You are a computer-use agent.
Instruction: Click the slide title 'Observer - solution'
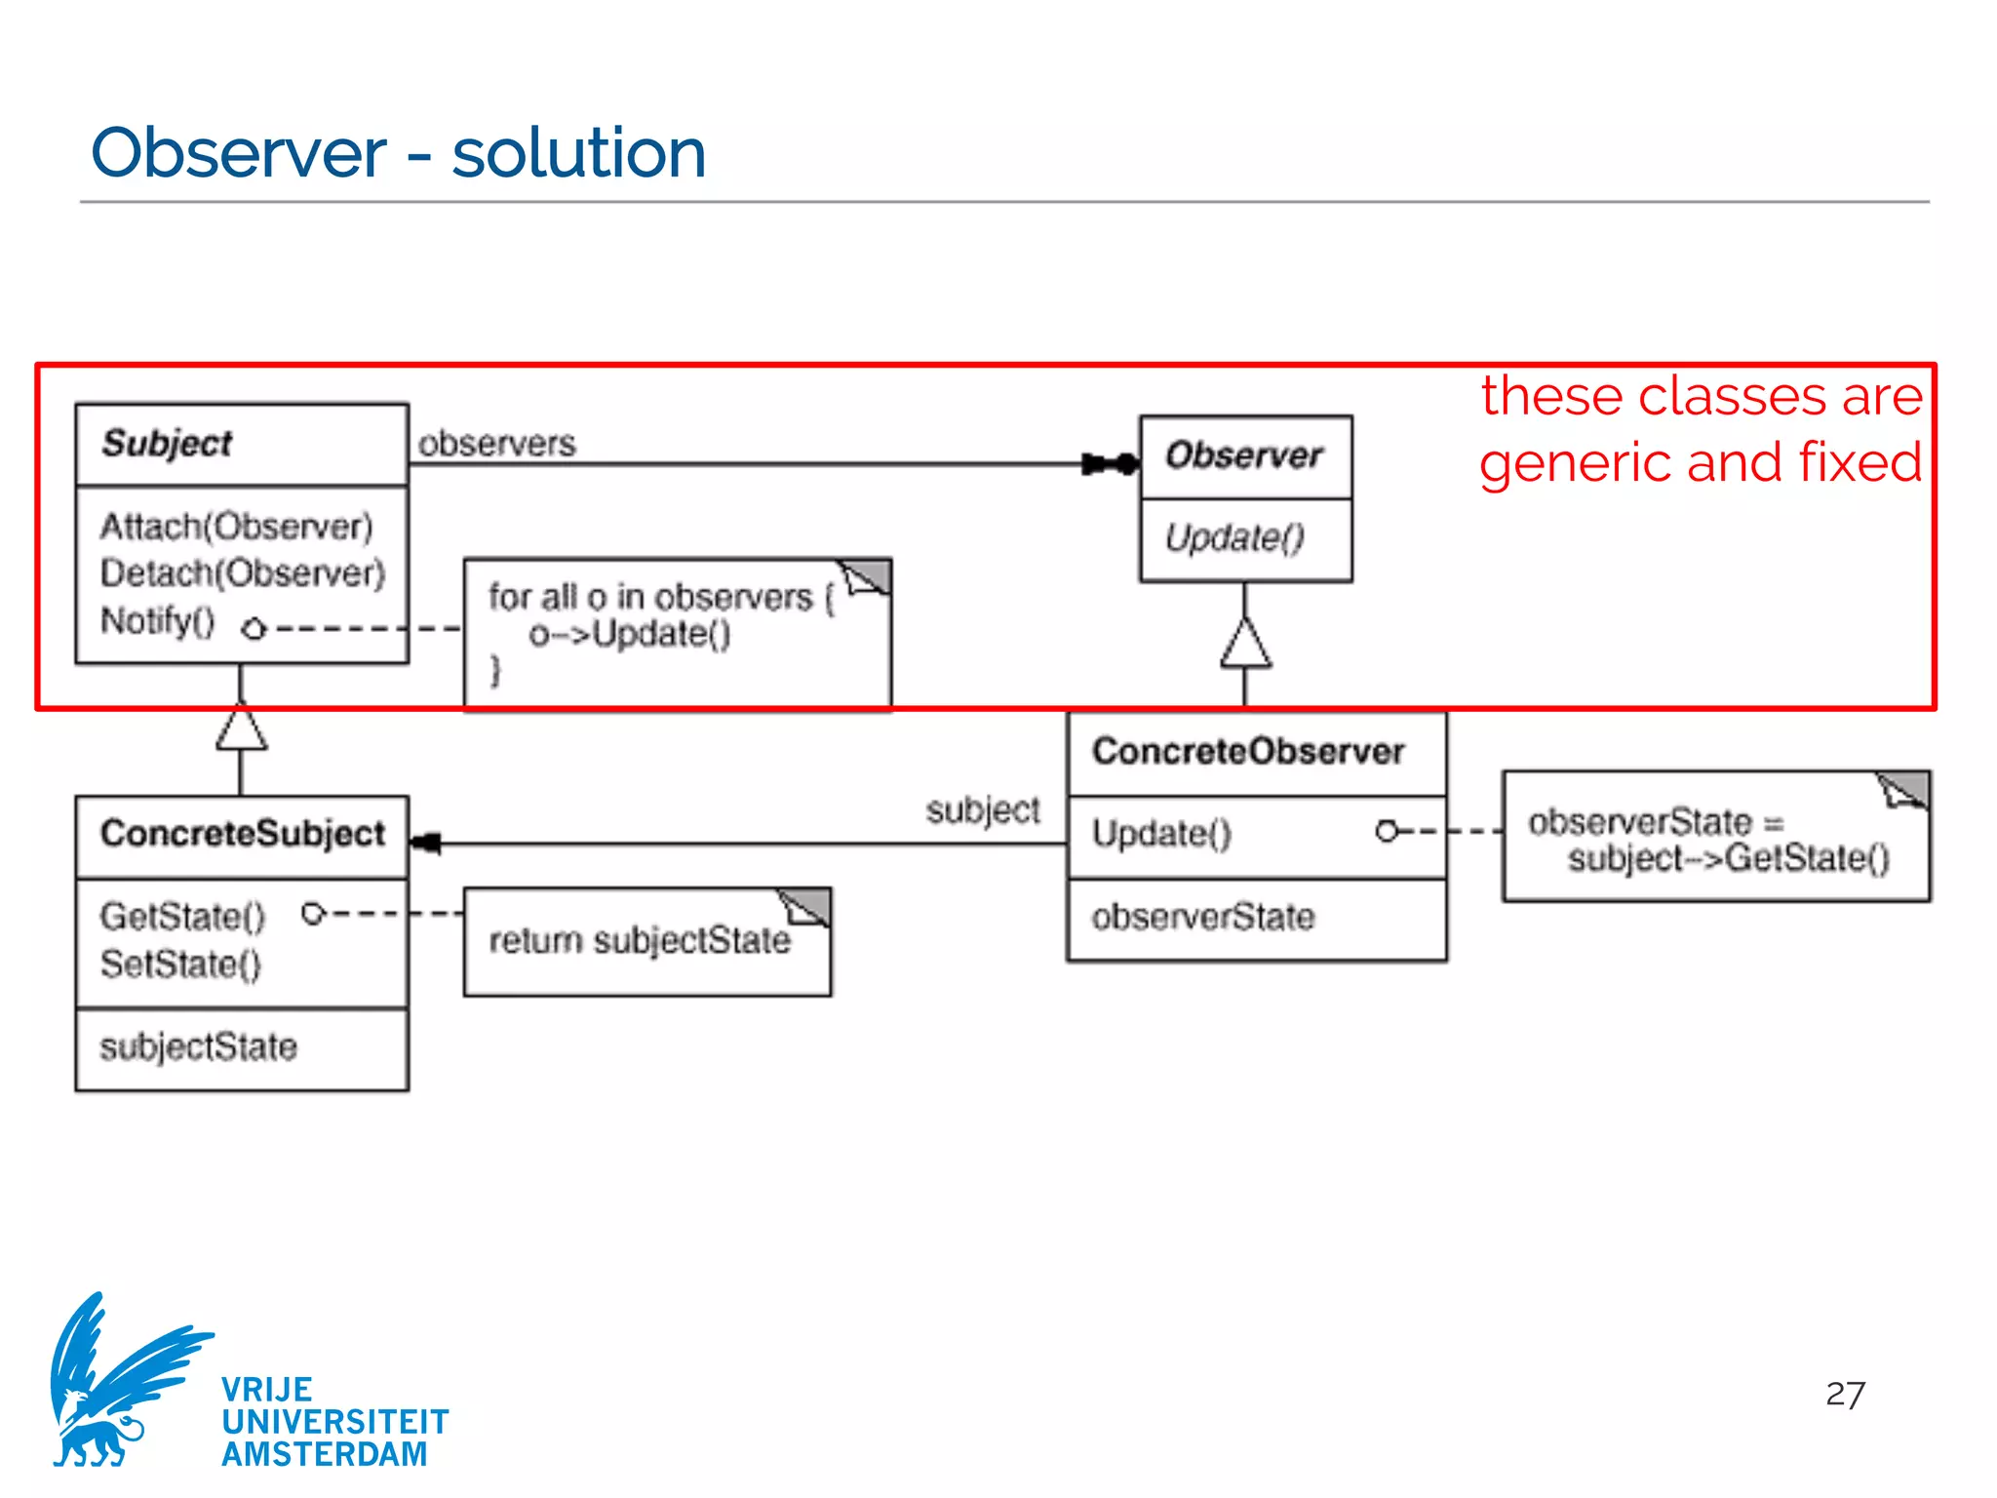(x=398, y=153)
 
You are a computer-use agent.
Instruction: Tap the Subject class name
(x=167, y=444)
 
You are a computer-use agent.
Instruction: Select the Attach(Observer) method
(x=236, y=527)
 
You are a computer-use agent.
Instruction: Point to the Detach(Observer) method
(x=243, y=573)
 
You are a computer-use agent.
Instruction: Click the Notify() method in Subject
(x=158, y=621)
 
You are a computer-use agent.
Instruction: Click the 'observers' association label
(x=496, y=444)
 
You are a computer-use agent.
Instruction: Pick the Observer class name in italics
(x=1243, y=455)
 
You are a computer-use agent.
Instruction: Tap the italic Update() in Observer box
(x=1233, y=537)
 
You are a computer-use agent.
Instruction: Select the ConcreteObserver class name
(x=1248, y=751)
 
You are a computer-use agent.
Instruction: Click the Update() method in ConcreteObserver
(x=1161, y=834)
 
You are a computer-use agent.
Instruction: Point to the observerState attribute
(x=1202, y=917)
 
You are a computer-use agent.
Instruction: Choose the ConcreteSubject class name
(x=243, y=834)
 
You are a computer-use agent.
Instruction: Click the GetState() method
(x=182, y=917)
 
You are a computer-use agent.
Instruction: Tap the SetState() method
(x=180, y=965)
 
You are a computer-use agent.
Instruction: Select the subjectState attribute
(x=198, y=1047)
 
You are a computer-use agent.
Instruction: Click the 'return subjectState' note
(x=640, y=940)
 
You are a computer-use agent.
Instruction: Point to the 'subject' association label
(x=983, y=809)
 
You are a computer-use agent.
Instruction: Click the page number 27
(x=1845, y=1395)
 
